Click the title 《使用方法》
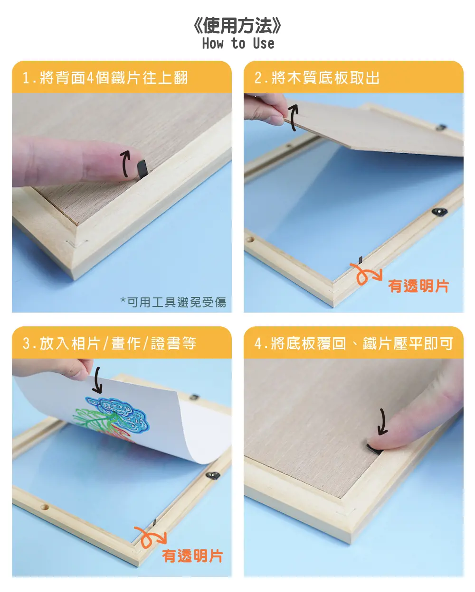[x=237, y=26]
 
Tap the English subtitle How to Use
[x=238, y=44]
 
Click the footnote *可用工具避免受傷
[x=173, y=302]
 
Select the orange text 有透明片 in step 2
[x=418, y=286]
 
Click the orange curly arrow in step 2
[x=364, y=273]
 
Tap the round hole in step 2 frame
[x=250, y=240]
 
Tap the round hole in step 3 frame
[x=45, y=507]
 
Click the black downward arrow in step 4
[x=382, y=422]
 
